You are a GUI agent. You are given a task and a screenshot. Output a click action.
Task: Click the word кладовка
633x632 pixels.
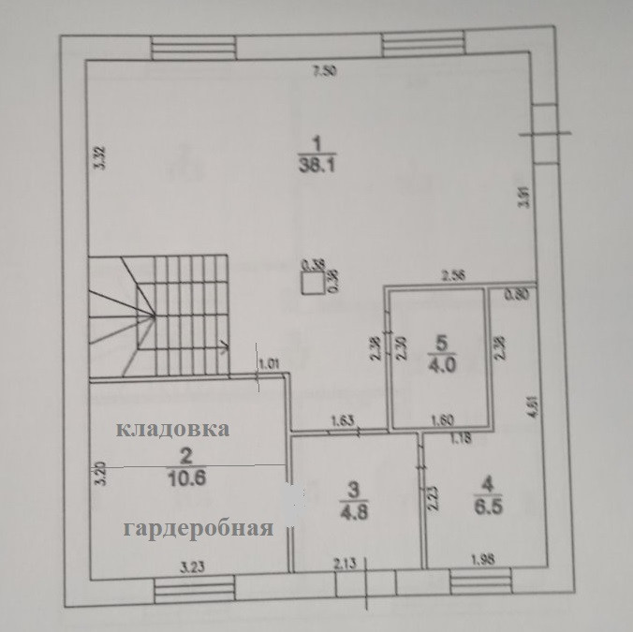click(172, 430)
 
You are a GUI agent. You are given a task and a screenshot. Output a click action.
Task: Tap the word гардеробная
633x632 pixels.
click(198, 528)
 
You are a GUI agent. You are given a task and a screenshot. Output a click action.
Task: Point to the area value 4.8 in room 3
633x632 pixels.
click(352, 511)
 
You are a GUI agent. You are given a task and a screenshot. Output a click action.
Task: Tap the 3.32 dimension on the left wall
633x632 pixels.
click(100, 158)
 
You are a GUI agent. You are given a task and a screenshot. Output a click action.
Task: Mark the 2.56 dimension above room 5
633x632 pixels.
click(455, 275)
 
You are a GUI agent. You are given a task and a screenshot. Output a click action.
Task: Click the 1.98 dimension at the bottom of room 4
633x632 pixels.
click(483, 561)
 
